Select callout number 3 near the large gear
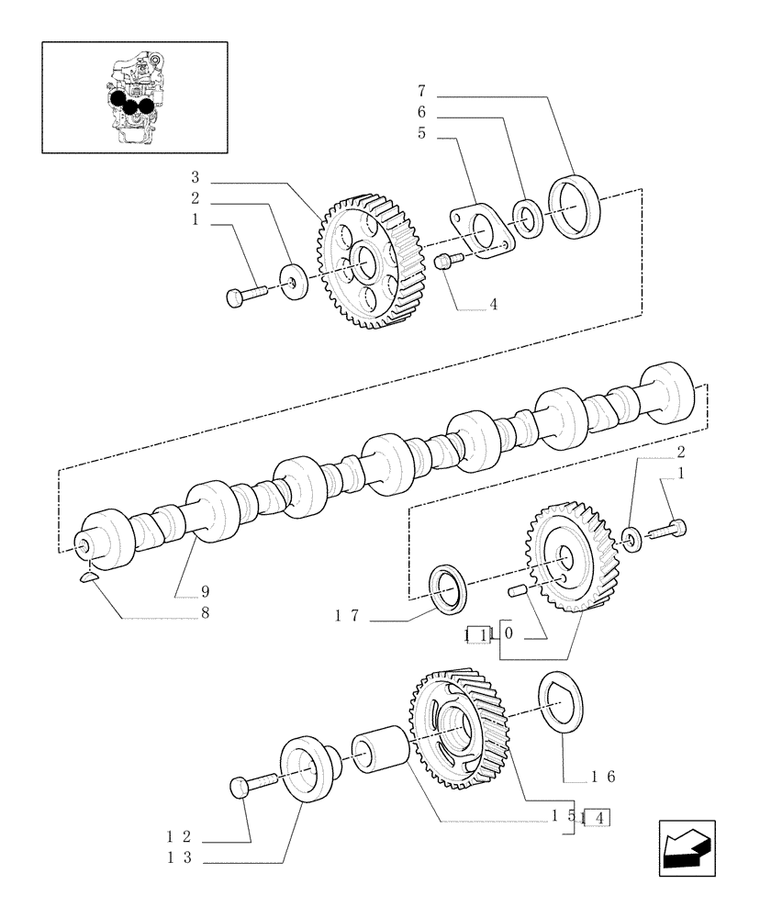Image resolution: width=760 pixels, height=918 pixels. (x=196, y=176)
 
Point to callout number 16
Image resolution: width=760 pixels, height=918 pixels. (x=602, y=777)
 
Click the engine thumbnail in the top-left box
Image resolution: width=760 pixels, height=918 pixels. (x=134, y=95)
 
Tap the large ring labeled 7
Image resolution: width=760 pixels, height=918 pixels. (x=574, y=209)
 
